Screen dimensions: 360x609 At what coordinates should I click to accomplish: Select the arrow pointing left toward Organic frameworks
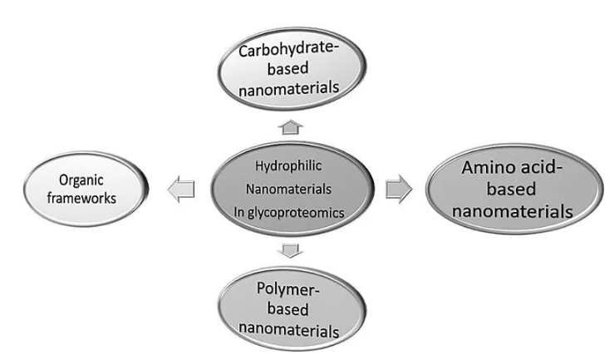[182, 190]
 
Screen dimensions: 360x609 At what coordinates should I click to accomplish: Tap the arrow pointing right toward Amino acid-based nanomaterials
[398, 190]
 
